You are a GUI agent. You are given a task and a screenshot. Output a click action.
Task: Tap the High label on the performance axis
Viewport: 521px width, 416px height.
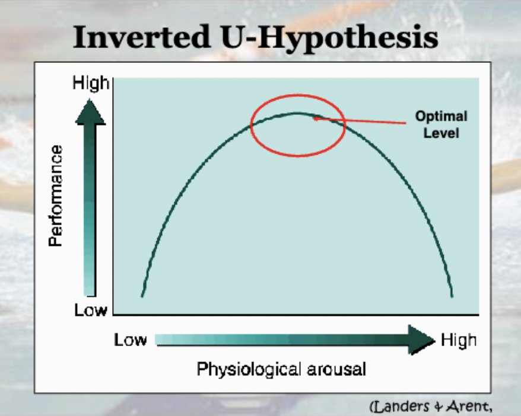click(x=91, y=84)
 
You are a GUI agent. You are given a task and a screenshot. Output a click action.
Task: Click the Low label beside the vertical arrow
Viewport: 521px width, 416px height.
click(x=90, y=310)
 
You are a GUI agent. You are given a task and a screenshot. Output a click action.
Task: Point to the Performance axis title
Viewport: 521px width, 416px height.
click(x=56, y=196)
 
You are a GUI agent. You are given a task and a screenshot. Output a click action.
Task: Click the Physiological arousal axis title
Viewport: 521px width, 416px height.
click(x=281, y=369)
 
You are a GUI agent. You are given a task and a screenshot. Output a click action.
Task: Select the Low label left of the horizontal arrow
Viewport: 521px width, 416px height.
click(x=131, y=340)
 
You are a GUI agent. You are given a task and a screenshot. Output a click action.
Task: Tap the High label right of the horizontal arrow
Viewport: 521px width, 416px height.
click(x=458, y=340)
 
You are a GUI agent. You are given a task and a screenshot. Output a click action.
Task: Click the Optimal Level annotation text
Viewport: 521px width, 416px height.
click(x=441, y=124)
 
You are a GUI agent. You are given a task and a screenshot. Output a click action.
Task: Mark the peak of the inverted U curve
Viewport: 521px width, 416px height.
click(x=297, y=113)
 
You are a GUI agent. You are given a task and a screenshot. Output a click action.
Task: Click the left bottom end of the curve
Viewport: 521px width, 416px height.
click(x=142, y=295)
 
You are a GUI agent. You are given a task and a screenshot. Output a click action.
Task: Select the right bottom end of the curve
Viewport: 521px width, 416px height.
click(x=452, y=295)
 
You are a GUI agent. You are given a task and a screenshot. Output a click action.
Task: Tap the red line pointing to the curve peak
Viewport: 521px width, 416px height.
click(x=368, y=121)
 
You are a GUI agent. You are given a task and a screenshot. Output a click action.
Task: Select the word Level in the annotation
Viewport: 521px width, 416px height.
click(x=441, y=133)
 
